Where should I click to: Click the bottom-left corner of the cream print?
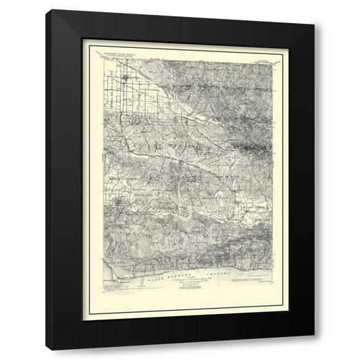point(82,315)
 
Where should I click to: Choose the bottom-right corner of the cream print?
point(278,315)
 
